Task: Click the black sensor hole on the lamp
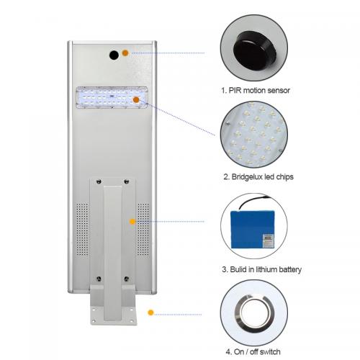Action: click(114, 55)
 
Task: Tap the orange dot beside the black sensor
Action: click(125, 53)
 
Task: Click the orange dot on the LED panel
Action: click(136, 99)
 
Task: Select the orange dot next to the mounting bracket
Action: click(132, 222)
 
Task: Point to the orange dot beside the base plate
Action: click(150, 312)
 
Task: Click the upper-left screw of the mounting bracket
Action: click(99, 181)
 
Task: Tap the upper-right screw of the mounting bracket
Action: click(127, 181)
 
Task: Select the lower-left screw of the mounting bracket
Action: click(99, 279)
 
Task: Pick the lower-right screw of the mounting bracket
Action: click(127, 279)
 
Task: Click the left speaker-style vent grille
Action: click(82, 229)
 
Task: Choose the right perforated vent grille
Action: click(143, 229)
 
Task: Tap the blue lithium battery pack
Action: click(252, 230)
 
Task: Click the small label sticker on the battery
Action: click(268, 240)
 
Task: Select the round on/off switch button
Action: click(254, 313)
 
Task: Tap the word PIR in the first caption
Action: click(235, 90)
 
